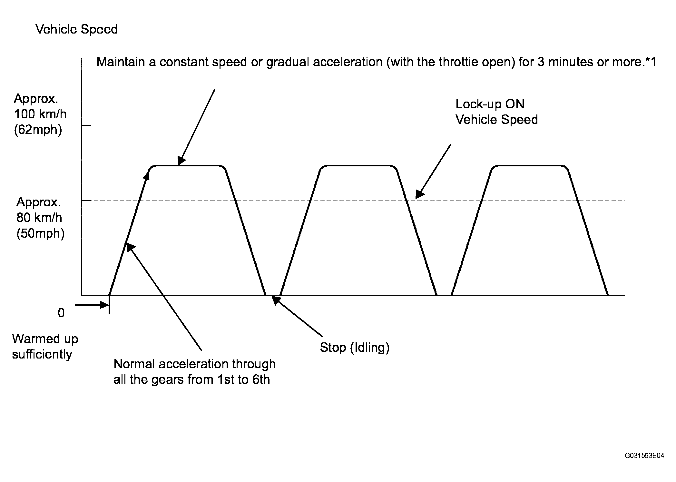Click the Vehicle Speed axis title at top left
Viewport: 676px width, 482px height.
tap(76, 29)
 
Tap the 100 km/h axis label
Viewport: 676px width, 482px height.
tap(40, 114)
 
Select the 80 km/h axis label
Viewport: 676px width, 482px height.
tap(39, 218)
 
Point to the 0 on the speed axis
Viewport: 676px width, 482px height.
tap(61, 313)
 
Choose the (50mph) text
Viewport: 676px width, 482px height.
tap(41, 233)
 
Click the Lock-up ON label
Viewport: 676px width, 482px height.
tap(490, 104)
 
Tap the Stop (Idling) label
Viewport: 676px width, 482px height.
tap(355, 347)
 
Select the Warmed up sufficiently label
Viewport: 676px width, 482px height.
tap(45, 347)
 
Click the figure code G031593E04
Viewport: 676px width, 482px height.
tap(644, 456)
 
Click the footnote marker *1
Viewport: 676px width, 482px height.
tap(650, 62)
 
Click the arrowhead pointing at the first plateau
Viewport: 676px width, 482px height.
tap(181, 161)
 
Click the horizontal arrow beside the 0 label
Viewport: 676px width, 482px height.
tap(92, 305)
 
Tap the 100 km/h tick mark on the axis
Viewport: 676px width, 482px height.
tap(86, 125)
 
